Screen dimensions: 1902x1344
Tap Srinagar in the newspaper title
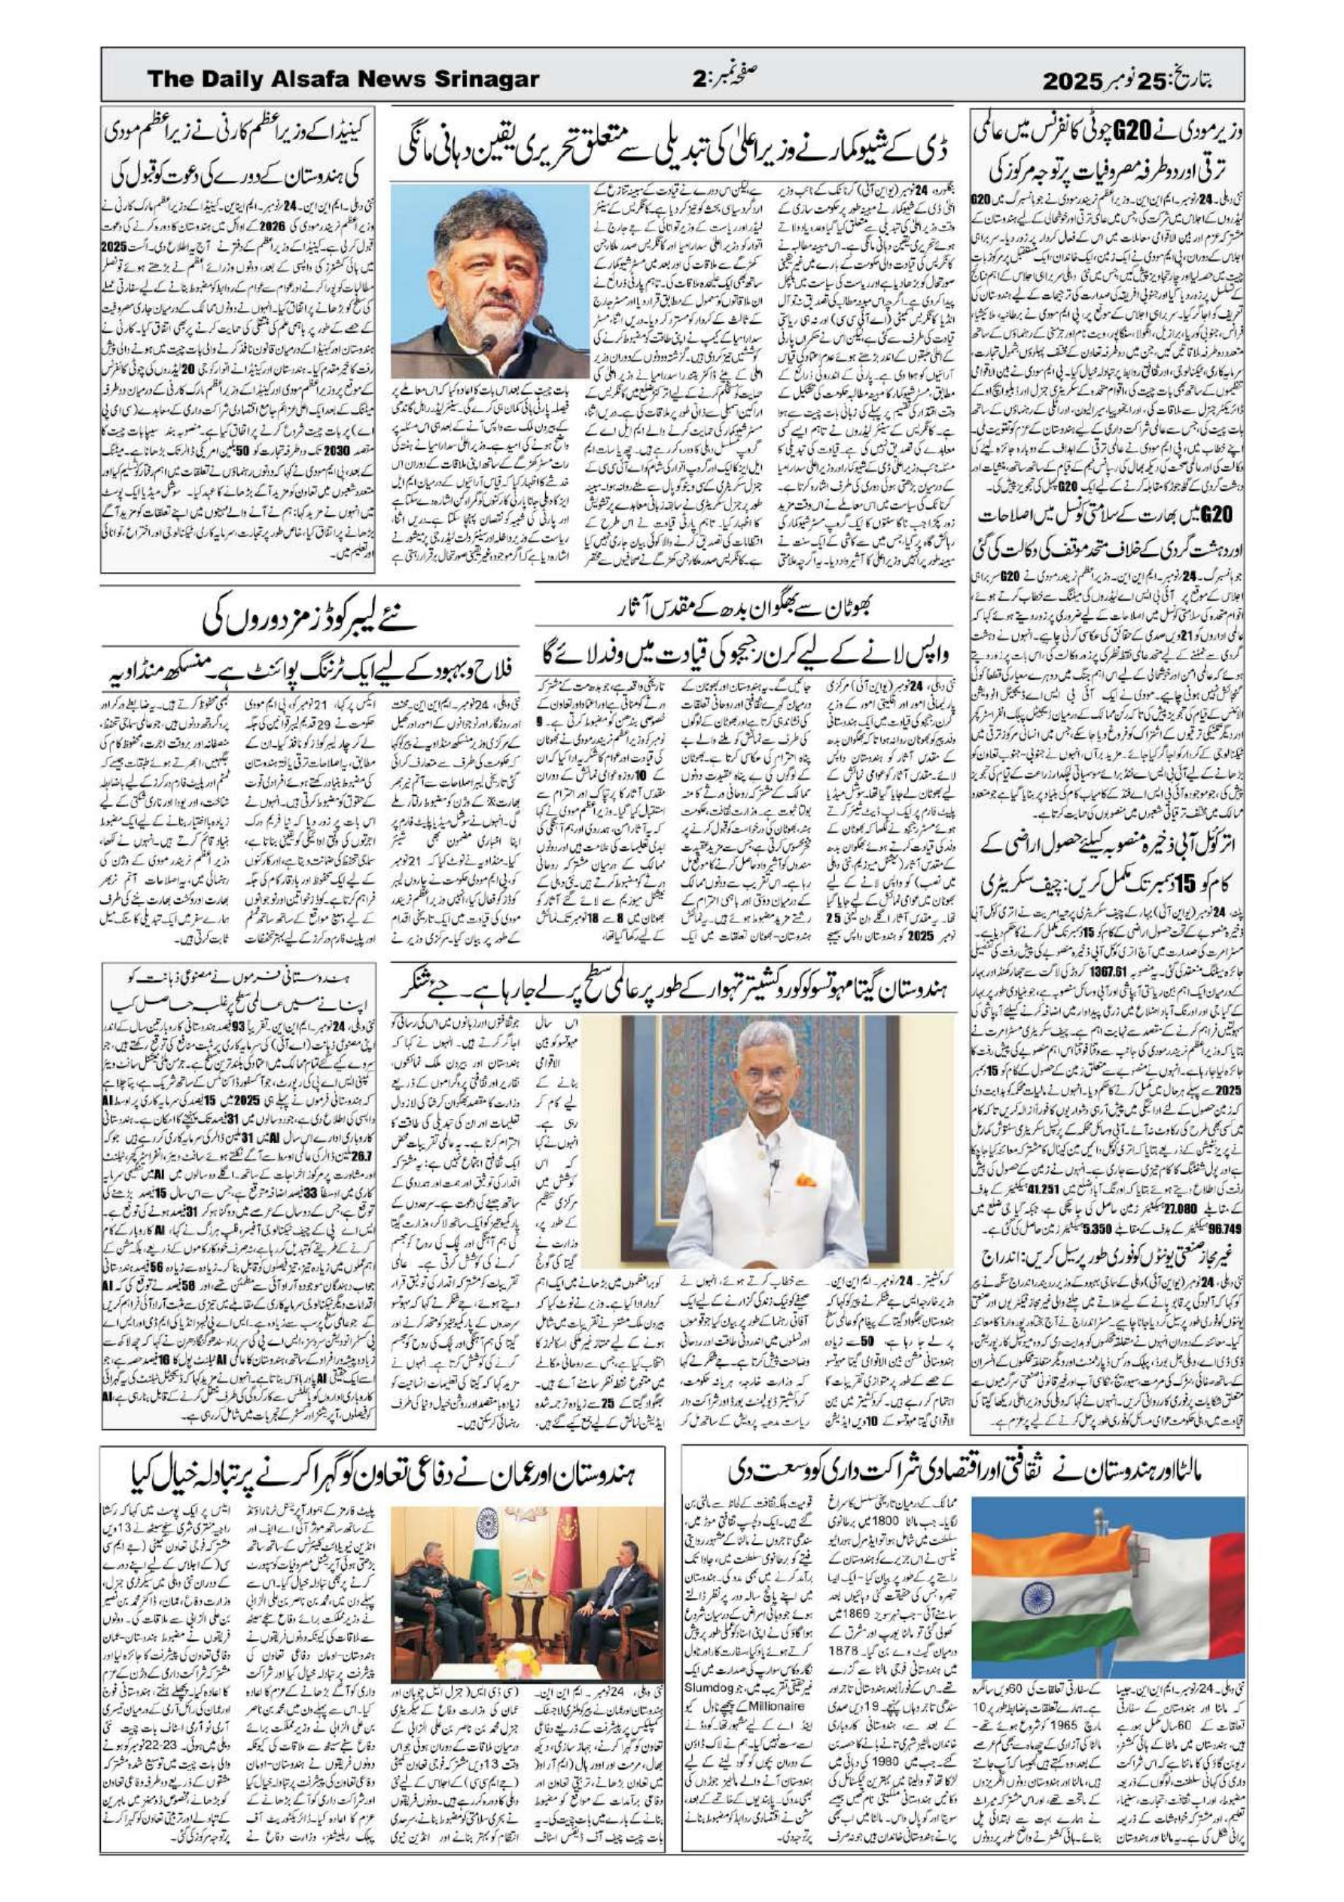pos(480,80)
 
